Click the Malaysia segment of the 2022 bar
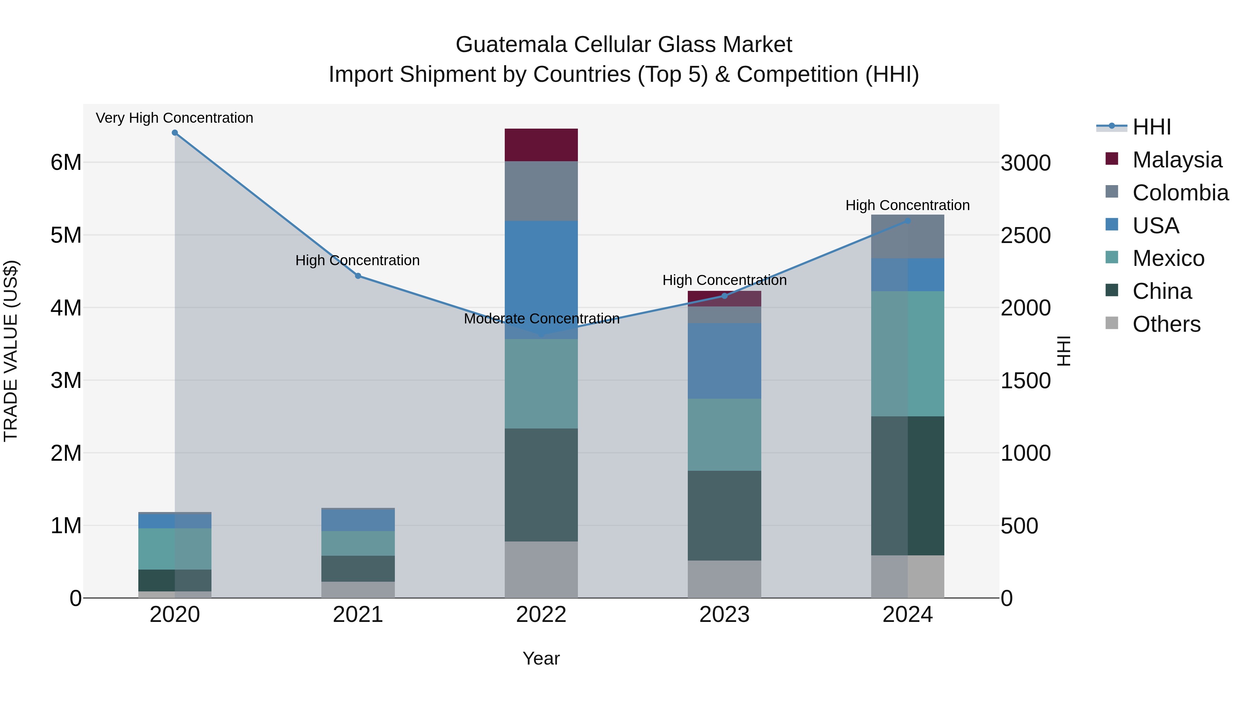tap(541, 145)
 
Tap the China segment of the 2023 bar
tap(724, 515)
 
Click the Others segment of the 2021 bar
tap(358, 590)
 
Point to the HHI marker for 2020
tap(175, 133)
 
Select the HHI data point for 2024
tap(908, 221)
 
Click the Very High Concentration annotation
tap(174, 118)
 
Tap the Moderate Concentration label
tap(541, 319)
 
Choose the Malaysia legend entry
tap(1177, 160)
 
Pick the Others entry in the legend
tap(1166, 324)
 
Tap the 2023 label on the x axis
tap(724, 615)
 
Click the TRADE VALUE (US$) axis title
tap(11, 351)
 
